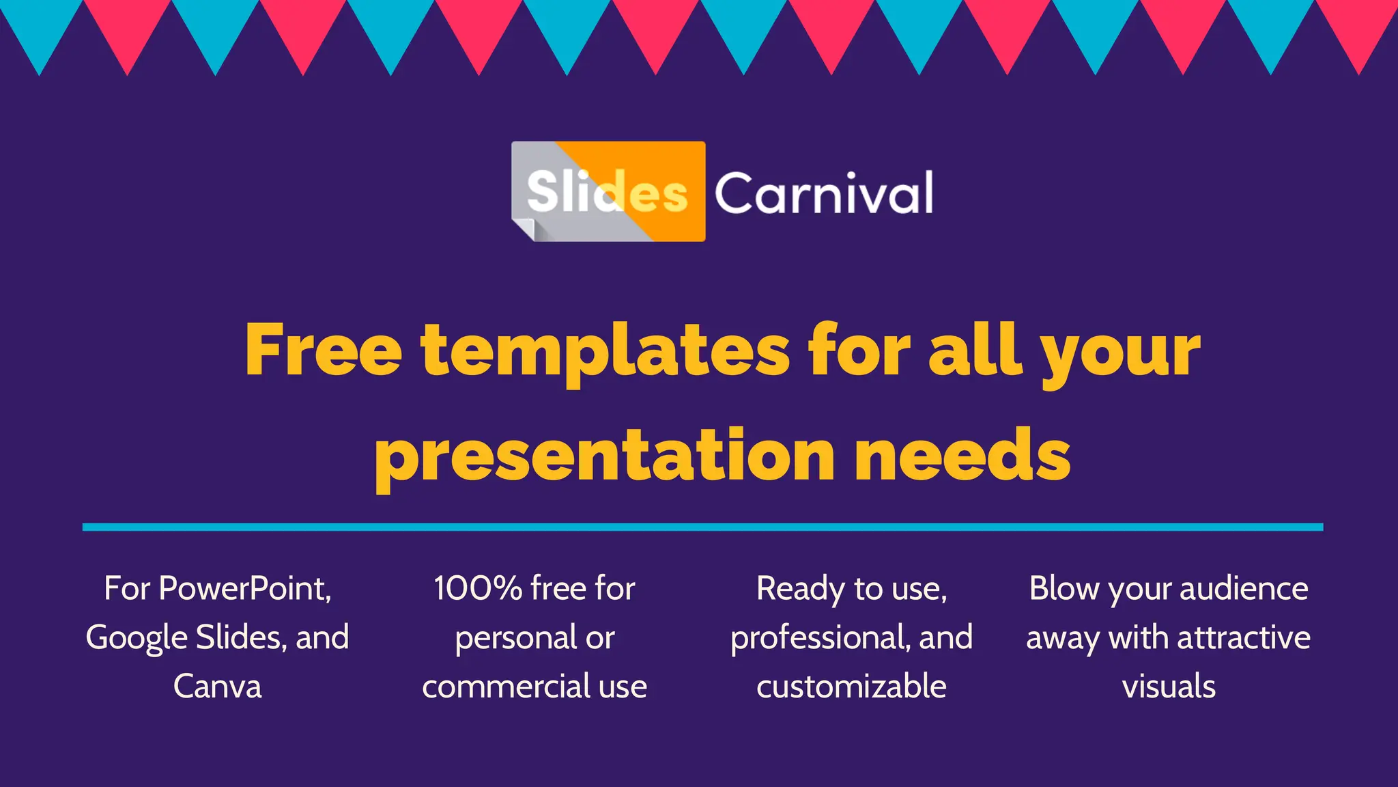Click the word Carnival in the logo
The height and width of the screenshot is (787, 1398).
[823, 193]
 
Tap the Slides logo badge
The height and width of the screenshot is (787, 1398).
[608, 191]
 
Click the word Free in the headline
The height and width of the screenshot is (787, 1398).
[324, 350]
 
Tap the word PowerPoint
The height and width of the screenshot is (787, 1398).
[244, 588]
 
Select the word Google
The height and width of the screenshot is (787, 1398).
[136, 638]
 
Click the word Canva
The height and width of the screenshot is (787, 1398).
[217, 686]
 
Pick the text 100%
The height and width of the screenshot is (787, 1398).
[478, 588]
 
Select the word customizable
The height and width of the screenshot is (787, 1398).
[851, 687]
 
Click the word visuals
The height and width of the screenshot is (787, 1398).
[1169, 687]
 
